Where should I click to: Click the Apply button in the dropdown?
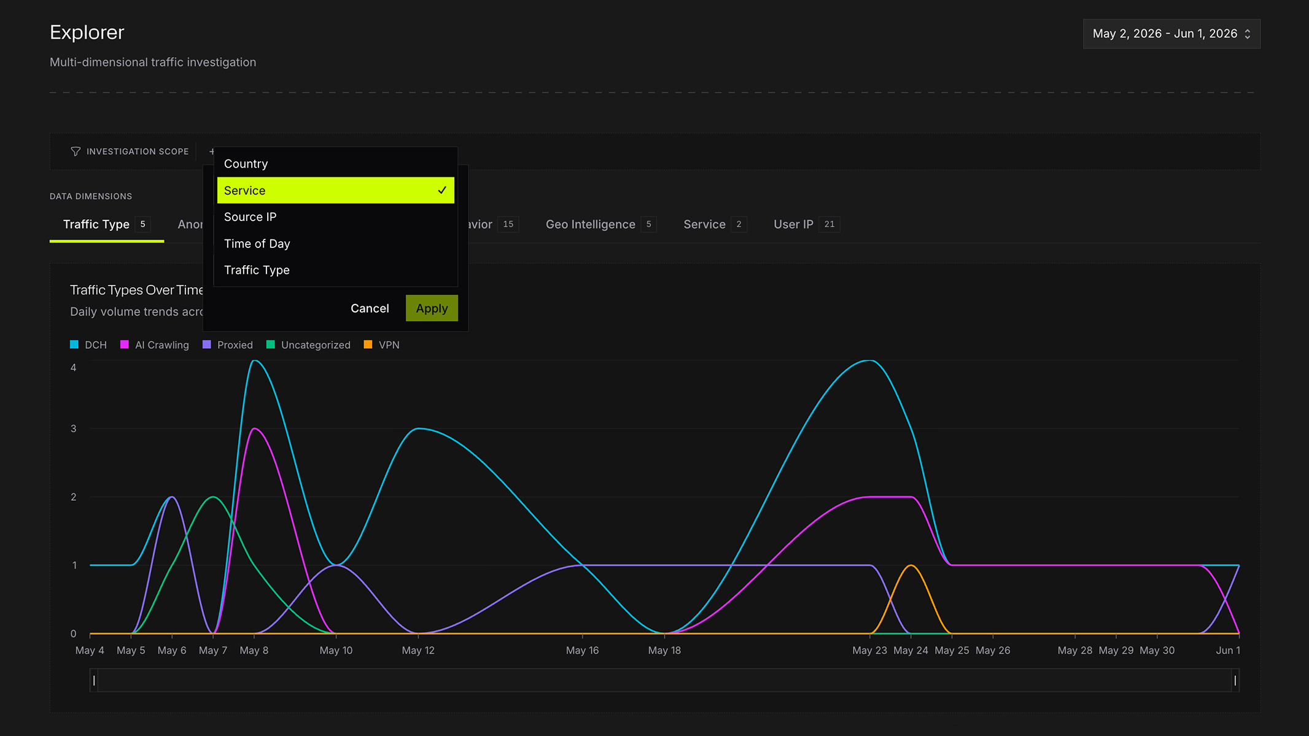pos(432,308)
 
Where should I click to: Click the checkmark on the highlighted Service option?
pos(442,190)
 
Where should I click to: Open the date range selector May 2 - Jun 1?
pos(1171,34)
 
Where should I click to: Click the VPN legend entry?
pos(382,345)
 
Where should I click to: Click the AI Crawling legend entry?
pos(155,345)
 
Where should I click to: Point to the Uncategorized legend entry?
pos(308,345)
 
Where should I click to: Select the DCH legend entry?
pos(88,345)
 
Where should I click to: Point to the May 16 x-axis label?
pos(582,651)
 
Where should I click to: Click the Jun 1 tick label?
pos(1228,651)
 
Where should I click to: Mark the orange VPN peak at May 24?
pos(911,565)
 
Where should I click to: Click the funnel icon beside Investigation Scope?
pos(76,152)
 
